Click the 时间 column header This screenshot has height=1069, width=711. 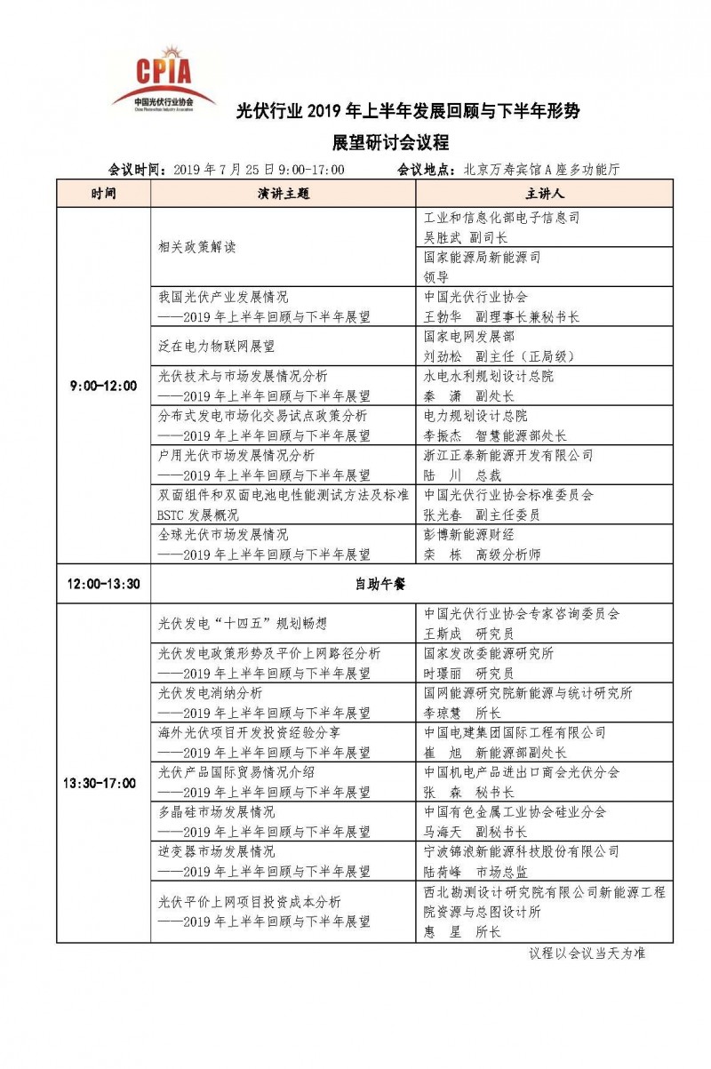pyautogui.click(x=103, y=193)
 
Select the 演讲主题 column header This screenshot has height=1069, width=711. pyautogui.click(x=284, y=193)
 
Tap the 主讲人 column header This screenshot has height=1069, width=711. pyautogui.click(x=541, y=193)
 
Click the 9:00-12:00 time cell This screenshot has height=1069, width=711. pyautogui.click(x=103, y=386)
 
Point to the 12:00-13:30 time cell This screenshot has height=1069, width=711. pyautogui.click(x=103, y=583)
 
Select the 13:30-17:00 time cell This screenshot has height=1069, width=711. pyautogui.click(x=103, y=783)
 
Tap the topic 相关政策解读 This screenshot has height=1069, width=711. pyautogui.click(x=197, y=247)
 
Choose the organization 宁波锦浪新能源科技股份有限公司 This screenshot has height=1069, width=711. pyautogui.click(x=522, y=851)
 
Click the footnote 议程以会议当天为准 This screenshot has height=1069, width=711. pyautogui.click(x=587, y=953)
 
